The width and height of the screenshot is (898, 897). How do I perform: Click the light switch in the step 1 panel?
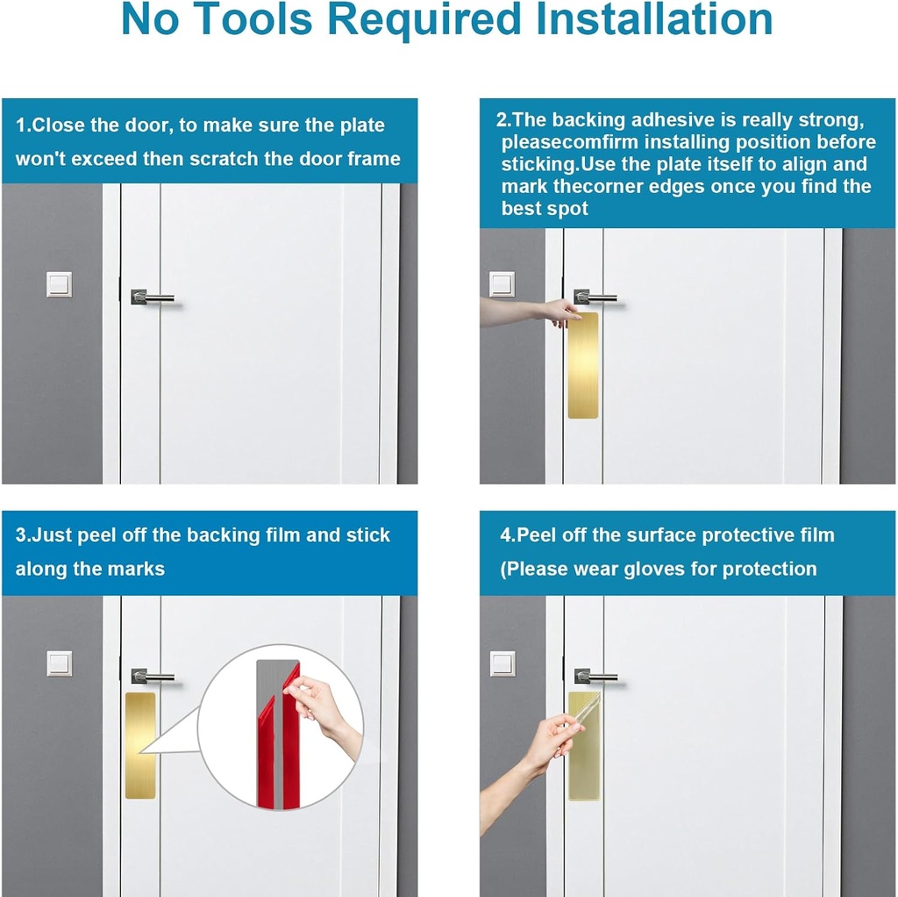[59, 284]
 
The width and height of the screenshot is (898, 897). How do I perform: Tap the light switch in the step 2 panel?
[502, 283]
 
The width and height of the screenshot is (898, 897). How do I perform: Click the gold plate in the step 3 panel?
[139, 744]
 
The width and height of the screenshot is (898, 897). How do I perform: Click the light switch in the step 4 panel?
[502, 663]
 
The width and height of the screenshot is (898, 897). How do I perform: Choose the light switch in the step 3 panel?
[59, 664]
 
